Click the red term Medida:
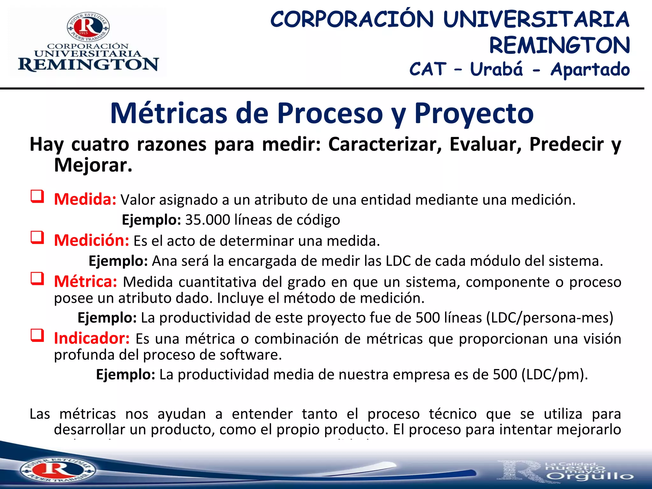[x=85, y=200]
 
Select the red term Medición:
[x=91, y=240]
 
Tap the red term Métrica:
[x=86, y=282]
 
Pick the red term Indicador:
[x=92, y=338]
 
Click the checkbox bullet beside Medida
[x=37, y=197]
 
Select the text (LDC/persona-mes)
[x=549, y=318]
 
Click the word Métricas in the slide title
[x=169, y=114]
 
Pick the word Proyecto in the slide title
[x=474, y=114]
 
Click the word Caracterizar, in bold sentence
[x=385, y=145]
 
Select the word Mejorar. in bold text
[x=93, y=165]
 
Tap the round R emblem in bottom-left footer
[x=57, y=470]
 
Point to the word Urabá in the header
[x=496, y=69]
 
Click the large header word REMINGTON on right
[x=559, y=45]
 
